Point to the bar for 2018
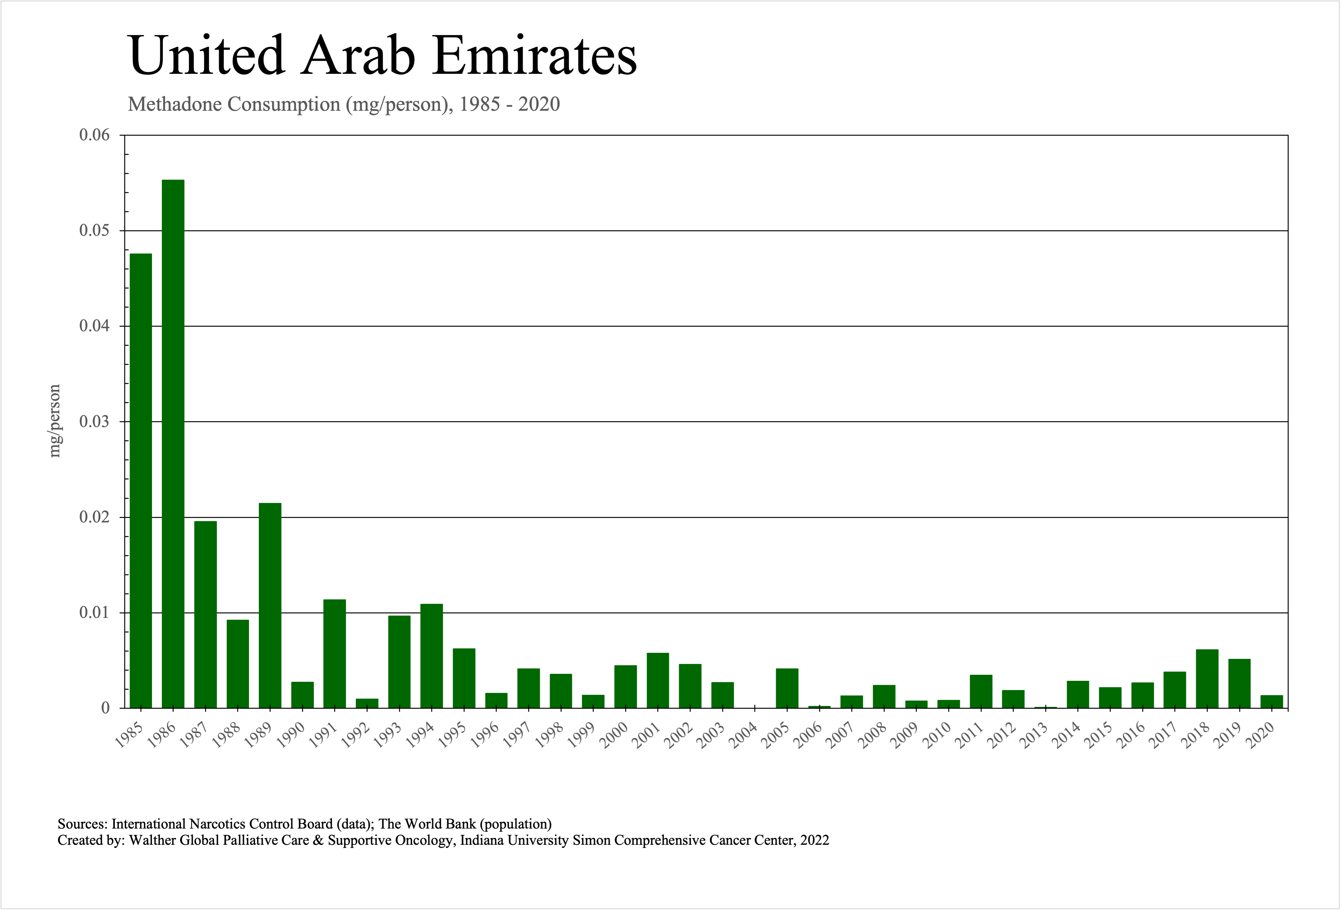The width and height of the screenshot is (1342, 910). tap(1207, 679)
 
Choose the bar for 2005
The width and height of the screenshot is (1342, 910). tap(787, 688)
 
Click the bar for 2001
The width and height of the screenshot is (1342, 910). tap(658, 681)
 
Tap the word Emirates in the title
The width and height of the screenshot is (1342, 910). tap(534, 56)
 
